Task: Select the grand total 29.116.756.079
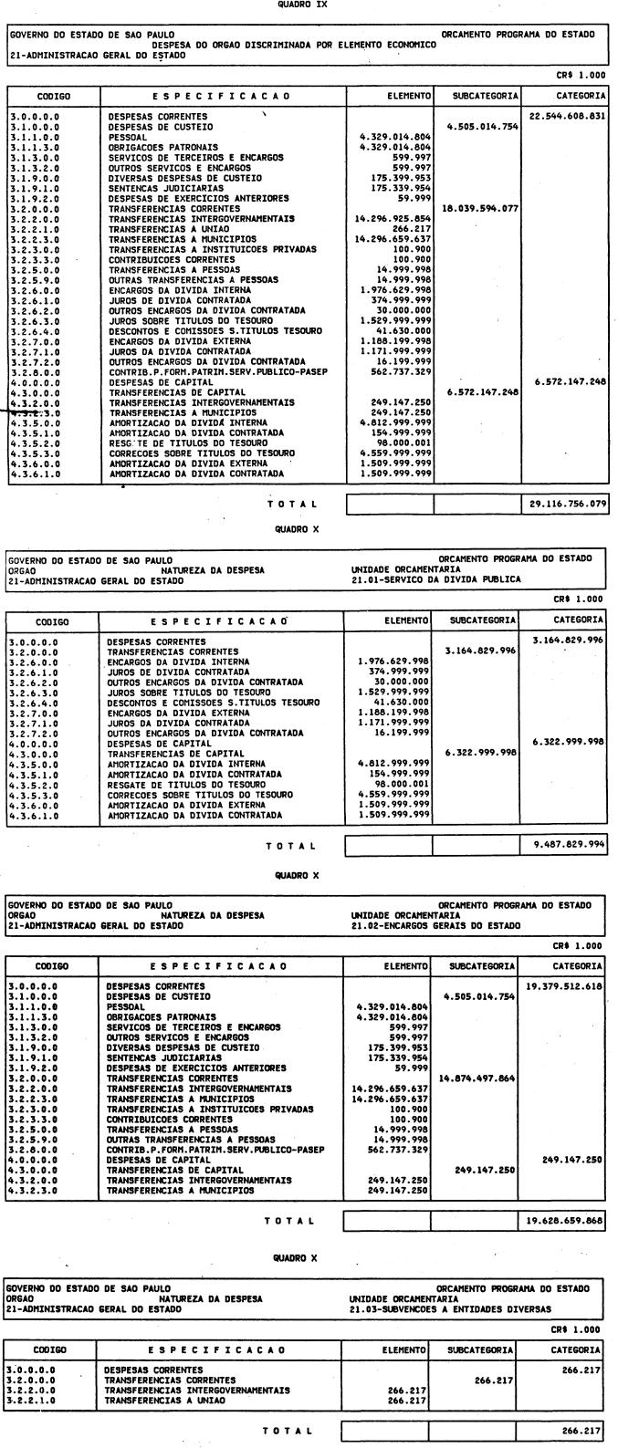(567, 503)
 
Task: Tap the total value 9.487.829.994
(567, 846)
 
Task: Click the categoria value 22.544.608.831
(567, 117)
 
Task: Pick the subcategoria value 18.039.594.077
(479, 208)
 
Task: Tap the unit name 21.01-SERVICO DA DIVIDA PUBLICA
(424, 578)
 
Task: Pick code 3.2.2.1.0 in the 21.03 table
(33, 1400)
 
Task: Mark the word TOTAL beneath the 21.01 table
(291, 847)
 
